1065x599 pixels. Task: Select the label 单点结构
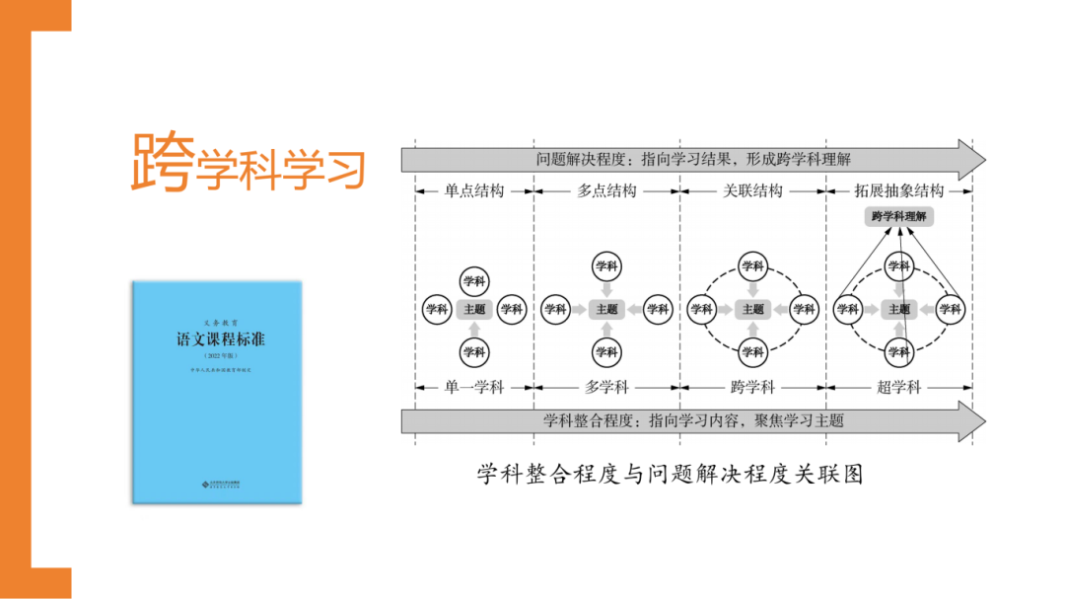click(473, 190)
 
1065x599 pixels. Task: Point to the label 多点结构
click(606, 190)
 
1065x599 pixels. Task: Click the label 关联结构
click(752, 190)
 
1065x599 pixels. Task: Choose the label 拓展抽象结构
click(897, 190)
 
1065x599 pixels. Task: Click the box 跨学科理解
click(897, 216)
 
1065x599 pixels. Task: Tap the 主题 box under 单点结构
click(473, 309)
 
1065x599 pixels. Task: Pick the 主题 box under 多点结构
click(606, 309)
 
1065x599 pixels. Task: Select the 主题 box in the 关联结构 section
click(752, 309)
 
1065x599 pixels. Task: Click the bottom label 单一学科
click(473, 388)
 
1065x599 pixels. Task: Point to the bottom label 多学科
click(606, 388)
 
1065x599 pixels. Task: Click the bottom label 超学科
click(897, 388)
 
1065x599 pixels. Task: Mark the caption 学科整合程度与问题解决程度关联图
click(670, 475)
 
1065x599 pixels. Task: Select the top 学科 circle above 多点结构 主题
click(606, 265)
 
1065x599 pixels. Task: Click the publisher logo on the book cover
click(218, 484)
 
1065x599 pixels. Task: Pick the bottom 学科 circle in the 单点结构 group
click(473, 351)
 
